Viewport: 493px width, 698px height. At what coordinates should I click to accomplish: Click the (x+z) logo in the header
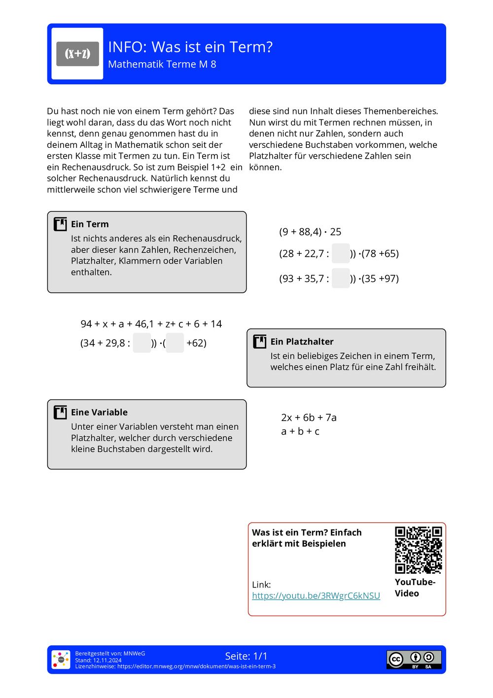point(77,54)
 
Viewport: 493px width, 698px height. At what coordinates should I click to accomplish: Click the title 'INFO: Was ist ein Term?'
point(190,47)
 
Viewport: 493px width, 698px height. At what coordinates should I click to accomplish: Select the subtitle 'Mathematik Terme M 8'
point(162,65)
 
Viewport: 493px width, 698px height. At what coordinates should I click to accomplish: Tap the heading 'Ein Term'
point(90,224)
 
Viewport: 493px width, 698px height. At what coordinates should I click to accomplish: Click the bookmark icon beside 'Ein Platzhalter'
point(259,342)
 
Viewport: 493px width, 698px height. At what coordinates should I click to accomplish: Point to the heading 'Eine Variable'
point(99,412)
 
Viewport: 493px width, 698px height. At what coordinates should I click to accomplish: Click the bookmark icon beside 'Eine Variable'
point(60,412)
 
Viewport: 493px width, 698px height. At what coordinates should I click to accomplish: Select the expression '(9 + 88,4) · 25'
point(310,232)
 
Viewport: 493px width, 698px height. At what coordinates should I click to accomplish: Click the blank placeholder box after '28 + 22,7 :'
point(341,253)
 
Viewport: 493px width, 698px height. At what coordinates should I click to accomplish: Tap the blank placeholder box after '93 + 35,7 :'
point(341,279)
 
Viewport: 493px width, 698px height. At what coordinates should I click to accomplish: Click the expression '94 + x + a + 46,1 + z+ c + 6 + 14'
point(151,324)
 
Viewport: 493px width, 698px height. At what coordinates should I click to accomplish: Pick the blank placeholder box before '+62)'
point(175,343)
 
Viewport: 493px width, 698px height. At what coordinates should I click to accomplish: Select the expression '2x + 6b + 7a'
point(309,418)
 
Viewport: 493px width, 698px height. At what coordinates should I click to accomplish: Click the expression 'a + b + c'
point(300,431)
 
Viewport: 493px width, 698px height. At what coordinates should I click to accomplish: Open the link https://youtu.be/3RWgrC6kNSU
point(316,595)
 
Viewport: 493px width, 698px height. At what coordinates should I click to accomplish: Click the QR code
point(418,550)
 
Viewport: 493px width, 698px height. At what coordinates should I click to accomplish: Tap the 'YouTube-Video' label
point(415,588)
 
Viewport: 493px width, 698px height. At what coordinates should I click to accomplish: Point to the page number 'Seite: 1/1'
point(246,656)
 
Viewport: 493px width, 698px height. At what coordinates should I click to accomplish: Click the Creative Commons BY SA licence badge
point(414,659)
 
